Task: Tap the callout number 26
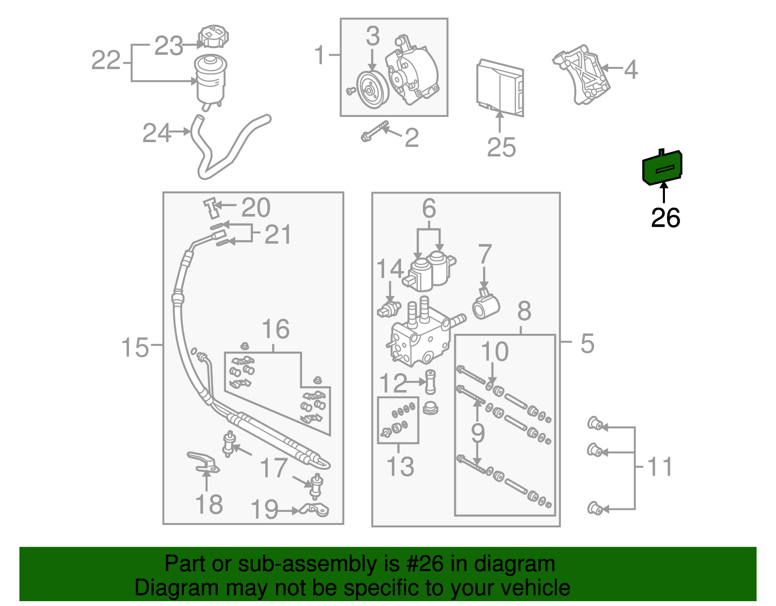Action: click(x=665, y=218)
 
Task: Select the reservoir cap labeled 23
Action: click(x=213, y=37)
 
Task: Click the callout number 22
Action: click(x=106, y=61)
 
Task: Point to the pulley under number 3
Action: click(x=372, y=90)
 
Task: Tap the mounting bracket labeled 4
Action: click(x=582, y=75)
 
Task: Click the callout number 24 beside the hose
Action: click(x=157, y=133)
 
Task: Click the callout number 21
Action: click(x=277, y=235)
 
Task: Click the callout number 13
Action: click(x=401, y=466)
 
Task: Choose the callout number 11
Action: click(x=661, y=466)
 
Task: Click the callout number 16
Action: click(x=275, y=329)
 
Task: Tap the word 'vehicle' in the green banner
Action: click(x=535, y=588)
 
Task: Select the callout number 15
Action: click(x=135, y=348)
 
